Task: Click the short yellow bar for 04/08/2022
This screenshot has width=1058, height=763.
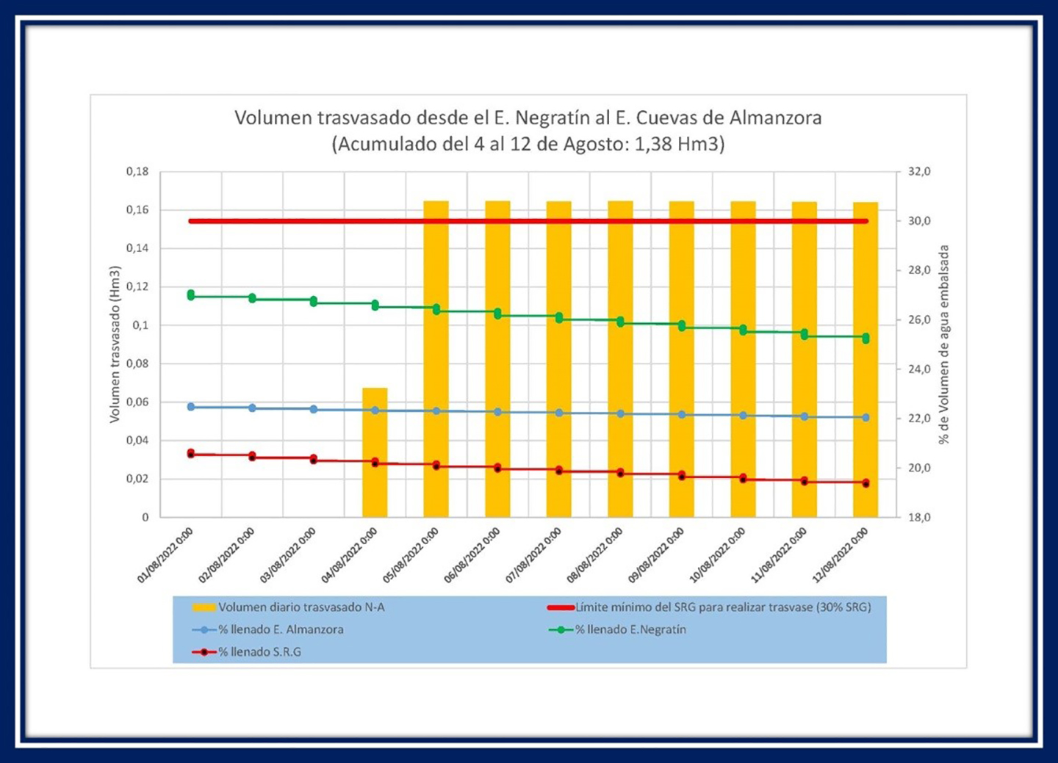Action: click(375, 452)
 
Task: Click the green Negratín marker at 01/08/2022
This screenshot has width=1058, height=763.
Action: click(191, 295)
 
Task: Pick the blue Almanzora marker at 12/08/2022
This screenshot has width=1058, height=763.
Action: click(866, 417)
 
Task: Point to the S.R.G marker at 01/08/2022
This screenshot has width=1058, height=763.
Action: click(191, 454)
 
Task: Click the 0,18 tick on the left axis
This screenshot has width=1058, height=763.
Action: click(137, 171)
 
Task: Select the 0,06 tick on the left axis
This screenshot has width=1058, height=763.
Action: click(137, 402)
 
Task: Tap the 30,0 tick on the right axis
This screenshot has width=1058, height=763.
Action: click(919, 220)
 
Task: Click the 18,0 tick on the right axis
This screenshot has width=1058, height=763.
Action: click(919, 517)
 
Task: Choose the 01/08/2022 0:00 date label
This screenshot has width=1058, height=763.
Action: click(165, 555)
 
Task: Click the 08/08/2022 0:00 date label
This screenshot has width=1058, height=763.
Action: click(595, 555)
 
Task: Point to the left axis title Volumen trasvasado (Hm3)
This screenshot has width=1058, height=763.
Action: click(115, 344)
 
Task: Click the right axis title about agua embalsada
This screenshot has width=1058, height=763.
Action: click(944, 344)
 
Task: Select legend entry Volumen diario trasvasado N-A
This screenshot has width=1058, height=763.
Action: click(301, 607)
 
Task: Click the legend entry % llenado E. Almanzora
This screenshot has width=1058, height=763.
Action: click(280, 629)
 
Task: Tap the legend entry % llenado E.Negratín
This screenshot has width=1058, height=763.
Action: click(630, 629)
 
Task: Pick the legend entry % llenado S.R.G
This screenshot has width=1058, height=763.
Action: click(259, 651)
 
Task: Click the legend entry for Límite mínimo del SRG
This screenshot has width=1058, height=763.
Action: click(722, 607)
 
